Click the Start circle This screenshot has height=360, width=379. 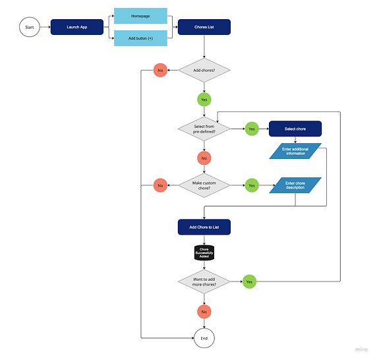pos(30,28)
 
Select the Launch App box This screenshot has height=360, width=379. pos(77,28)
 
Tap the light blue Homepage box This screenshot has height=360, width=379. pos(140,15)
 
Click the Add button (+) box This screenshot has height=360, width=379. pos(140,38)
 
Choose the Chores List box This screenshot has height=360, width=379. pos(204,28)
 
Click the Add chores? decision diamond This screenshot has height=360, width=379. pos(204,70)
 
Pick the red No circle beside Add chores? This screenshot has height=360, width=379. pos(160,70)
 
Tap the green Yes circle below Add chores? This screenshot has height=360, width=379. pos(204,100)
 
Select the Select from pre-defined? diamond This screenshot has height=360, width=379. pos(204,129)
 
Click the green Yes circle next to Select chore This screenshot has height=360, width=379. pos(251,129)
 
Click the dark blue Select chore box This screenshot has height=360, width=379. pos(295,129)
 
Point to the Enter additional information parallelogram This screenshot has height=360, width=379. pos(295,152)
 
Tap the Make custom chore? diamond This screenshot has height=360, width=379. pos(204,186)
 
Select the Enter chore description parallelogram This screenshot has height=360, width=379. pos(295,185)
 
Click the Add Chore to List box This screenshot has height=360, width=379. pos(204,227)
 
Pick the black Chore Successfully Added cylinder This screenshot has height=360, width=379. pos(204,253)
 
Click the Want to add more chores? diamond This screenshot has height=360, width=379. pos(204,282)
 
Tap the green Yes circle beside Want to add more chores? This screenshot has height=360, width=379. pos(248,282)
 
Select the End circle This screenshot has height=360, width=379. pos(204,339)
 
